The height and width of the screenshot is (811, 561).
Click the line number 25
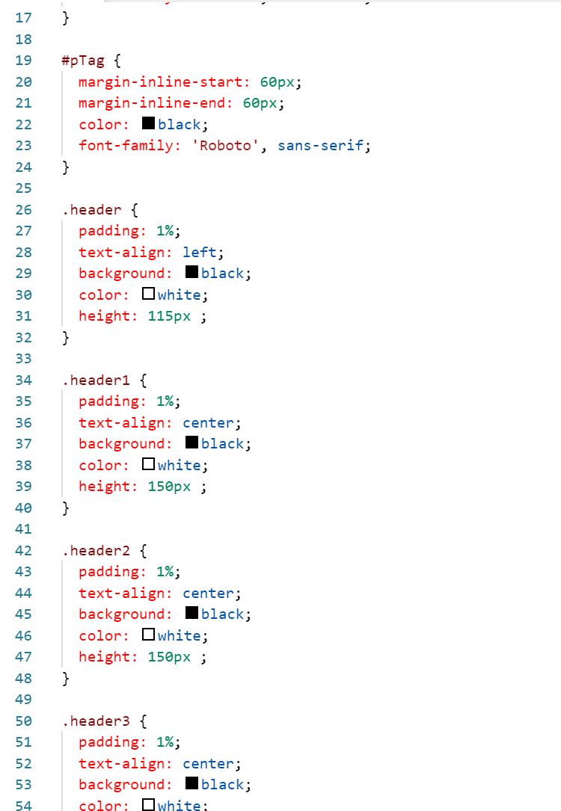pyautogui.click(x=23, y=188)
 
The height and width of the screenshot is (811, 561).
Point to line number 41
pyautogui.click(x=23, y=529)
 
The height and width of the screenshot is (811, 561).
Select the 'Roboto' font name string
pyautogui.click(x=227, y=146)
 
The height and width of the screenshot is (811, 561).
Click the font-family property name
pyautogui.click(x=126, y=146)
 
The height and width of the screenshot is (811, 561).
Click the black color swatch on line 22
pyautogui.click(x=148, y=123)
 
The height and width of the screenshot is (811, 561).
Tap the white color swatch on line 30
pyautogui.click(x=148, y=294)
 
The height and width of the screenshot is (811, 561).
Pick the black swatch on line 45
pyautogui.click(x=191, y=613)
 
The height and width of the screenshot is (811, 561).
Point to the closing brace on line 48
pyautogui.click(x=66, y=678)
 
